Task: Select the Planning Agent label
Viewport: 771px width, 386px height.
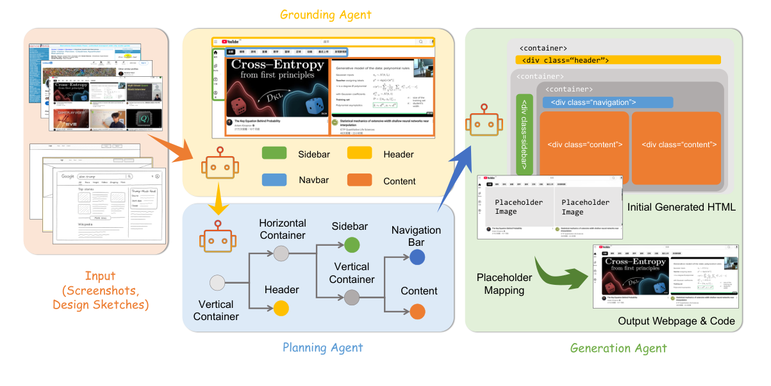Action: tap(322, 348)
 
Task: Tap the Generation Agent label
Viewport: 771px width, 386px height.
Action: tap(618, 348)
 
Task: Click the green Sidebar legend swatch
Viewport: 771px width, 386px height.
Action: tap(274, 154)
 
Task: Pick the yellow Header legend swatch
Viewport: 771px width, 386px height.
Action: tap(360, 154)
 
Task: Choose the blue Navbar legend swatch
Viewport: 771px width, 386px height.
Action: tap(274, 181)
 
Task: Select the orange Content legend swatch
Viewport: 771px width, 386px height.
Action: tap(360, 181)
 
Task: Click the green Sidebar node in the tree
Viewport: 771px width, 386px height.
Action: tap(352, 245)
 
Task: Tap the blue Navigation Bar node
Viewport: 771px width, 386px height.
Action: tap(417, 257)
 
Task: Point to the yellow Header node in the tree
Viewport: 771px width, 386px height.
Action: tap(281, 309)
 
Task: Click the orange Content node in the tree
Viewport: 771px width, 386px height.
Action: tap(417, 312)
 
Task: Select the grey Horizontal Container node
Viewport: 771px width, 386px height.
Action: tap(281, 253)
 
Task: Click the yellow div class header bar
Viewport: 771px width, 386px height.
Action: tap(618, 60)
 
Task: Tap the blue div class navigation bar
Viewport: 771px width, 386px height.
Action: tap(608, 102)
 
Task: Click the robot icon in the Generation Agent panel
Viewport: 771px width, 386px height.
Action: tap(480, 122)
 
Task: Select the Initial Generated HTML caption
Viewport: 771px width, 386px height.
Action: tap(681, 207)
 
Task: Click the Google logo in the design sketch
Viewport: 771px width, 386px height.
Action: tap(68, 176)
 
